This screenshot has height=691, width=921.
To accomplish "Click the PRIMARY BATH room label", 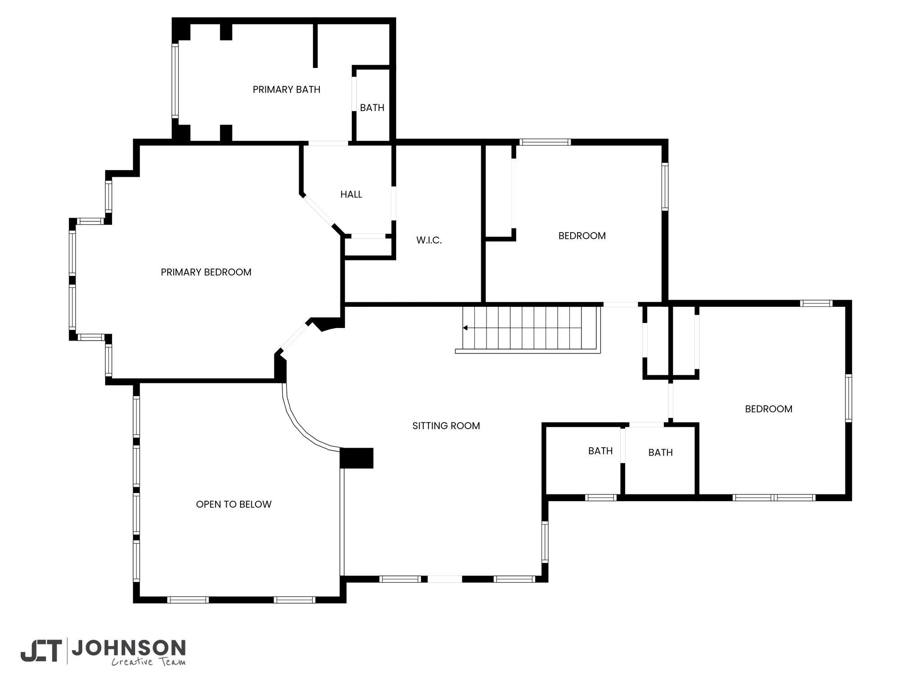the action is pos(286,90).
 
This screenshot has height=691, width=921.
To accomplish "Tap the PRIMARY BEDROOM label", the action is pos(206,272).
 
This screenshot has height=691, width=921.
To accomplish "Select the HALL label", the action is pos(351,194).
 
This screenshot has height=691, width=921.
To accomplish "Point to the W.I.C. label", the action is pos(429,240).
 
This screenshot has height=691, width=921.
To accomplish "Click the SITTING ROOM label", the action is pos(446,426).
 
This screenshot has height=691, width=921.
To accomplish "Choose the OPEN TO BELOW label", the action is pos(234,504).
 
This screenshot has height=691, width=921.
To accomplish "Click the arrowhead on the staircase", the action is pos(465,328).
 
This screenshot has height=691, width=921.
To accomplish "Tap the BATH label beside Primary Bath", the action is pos(372,108).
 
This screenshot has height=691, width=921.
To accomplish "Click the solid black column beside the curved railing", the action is pos(357,458).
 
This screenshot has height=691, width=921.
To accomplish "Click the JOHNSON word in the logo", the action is pos(129,648).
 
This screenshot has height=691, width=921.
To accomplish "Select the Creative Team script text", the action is pos(148,662).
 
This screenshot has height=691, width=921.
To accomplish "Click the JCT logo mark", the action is pos(41,651).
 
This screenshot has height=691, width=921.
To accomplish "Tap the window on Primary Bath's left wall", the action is pos(175,81).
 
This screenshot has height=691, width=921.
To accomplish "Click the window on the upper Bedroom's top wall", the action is pos(545,142).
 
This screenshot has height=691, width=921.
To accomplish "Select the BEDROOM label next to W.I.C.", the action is pos(582,236).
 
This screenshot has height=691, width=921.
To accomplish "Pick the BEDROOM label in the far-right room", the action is pos(769,409).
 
